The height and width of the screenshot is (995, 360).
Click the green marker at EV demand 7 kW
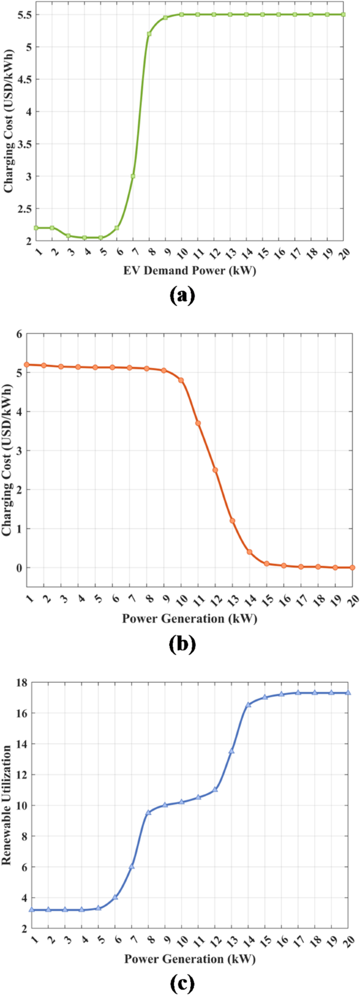(133, 176)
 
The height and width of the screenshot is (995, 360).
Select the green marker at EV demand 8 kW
(149, 34)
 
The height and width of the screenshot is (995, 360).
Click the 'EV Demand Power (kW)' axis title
(190, 271)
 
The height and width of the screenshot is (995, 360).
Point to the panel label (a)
(182, 296)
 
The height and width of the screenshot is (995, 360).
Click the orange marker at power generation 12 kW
(215, 470)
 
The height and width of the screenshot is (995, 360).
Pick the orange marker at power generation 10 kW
(181, 380)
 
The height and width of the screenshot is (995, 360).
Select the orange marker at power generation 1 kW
(27, 364)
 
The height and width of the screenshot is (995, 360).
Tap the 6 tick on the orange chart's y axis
(20, 333)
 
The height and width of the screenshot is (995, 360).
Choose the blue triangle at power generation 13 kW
(231, 751)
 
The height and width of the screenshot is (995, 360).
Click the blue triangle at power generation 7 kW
(132, 866)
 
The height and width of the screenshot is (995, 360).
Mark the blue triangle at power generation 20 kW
(348, 693)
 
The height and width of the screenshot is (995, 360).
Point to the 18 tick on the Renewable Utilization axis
(21, 682)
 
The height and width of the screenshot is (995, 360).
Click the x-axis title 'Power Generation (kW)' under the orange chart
(190, 618)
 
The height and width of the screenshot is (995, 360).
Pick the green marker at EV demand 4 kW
(84, 238)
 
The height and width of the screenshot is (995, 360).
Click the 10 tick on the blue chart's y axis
(21, 805)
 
